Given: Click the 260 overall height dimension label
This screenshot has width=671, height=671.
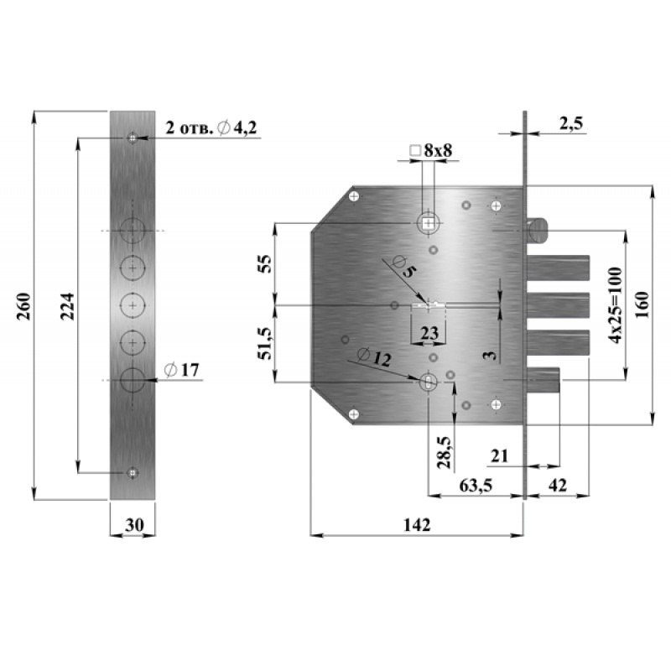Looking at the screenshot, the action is click(x=24, y=306).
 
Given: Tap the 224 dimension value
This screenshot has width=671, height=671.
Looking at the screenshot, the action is click(x=68, y=306).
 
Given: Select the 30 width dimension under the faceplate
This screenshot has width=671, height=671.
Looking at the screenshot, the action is click(x=134, y=525).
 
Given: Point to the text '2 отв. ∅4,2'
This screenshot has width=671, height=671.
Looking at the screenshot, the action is click(x=211, y=128).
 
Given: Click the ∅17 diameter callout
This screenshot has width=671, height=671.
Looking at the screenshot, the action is click(x=182, y=370).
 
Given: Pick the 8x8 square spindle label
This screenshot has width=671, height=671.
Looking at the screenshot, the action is click(x=431, y=150).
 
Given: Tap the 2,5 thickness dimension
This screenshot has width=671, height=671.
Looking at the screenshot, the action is click(x=571, y=123).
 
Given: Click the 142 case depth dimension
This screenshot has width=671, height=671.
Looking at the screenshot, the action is click(x=417, y=525).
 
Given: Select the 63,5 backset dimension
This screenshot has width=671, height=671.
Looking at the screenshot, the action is click(x=476, y=486).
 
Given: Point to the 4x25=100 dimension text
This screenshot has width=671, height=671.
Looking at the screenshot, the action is click(x=616, y=305).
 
